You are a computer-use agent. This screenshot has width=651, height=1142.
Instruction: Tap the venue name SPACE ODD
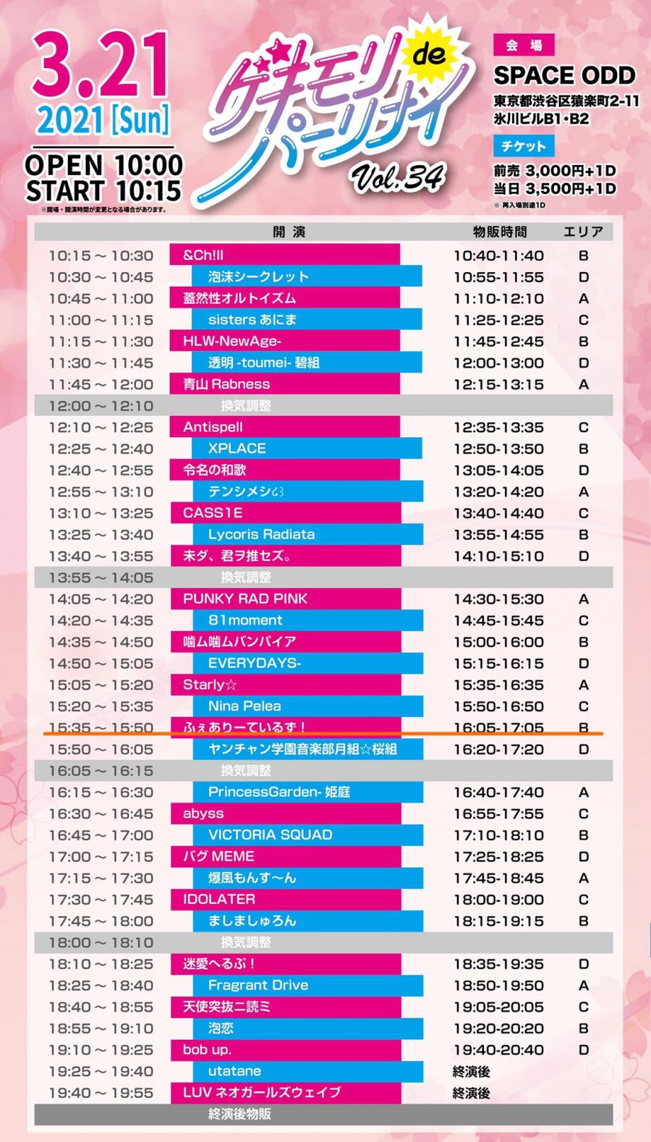pyautogui.click(x=564, y=75)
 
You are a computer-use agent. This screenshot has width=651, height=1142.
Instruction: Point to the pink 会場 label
pyautogui.click(x=523, y=45)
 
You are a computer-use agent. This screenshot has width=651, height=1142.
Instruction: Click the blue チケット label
pyautogui.click(x=524, y=145)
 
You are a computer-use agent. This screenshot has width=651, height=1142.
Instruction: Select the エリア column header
pyautogui.click(x=583, y=232)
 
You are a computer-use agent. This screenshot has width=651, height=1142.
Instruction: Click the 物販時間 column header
pyautogui.click(x=499, y=232)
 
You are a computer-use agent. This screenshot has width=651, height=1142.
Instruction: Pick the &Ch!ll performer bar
pyautogui.click(x=285, y=255)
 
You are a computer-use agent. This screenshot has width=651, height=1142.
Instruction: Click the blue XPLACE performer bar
pyautogui.click(x=307, y=449)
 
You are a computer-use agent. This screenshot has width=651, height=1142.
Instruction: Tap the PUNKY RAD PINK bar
pyautogui.click(x=286, y=599)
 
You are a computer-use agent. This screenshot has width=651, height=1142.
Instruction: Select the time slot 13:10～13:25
pyautogui.click(x=101, y=513)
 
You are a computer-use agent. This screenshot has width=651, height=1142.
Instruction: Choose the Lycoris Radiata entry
pyautogui.click(x=307, y=535)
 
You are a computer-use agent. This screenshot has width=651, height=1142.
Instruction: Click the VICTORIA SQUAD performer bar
pyautogui.click(x=307, y=835)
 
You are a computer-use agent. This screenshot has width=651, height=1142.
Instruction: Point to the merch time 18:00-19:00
pyautogui.click(x=498, y=900)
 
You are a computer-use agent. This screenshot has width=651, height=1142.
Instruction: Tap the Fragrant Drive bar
pyautogui.click(x=307, y=986)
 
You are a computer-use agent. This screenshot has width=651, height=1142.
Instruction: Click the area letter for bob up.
pyautogui.click(x=584, y=1050)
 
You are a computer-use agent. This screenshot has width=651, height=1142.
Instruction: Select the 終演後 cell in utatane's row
pyautogui.click(x=472, y=1072)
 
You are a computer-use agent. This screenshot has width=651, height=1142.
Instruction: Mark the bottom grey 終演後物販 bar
pyautogui.click(x=323, y=1114)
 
